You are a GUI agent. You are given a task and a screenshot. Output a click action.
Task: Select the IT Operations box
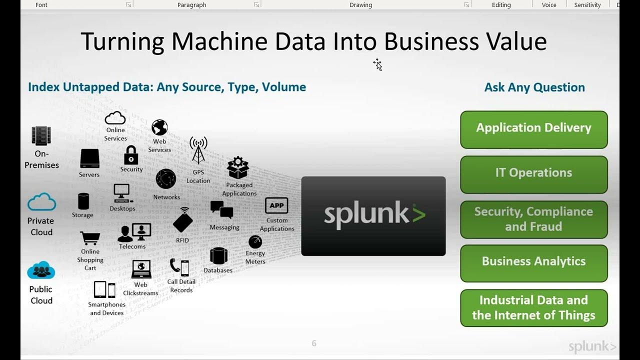coord(533,173)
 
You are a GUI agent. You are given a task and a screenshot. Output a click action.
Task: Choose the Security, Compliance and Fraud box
coord(533,219)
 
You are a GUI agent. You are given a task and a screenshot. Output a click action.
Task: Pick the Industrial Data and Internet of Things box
coord(533,307)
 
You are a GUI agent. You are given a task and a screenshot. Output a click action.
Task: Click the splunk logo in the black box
coord(374,215)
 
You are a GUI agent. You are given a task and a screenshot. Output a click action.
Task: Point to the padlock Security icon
coord(131,155)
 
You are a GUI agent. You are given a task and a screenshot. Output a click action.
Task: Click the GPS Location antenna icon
coord(198,150)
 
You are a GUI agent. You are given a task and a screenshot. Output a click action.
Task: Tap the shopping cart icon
coord(90,238)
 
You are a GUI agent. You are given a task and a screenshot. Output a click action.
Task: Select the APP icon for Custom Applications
coord(276,205)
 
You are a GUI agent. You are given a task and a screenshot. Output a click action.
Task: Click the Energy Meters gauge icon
coord(255,242)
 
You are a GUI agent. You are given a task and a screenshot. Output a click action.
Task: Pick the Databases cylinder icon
coord(218,256)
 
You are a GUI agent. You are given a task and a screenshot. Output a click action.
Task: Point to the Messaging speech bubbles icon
coord(222,210)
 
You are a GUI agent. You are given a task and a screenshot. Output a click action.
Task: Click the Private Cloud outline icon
coord(41,202)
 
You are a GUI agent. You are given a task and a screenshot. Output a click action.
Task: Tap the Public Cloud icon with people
coord(41,270)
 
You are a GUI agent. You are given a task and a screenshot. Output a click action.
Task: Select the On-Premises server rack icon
coord(41,136)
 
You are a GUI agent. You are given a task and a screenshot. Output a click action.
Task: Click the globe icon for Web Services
coord(159,127)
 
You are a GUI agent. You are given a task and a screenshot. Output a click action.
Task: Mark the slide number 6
coord(314,343)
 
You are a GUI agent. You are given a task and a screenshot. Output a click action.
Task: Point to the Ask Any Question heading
coord(534,87)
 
